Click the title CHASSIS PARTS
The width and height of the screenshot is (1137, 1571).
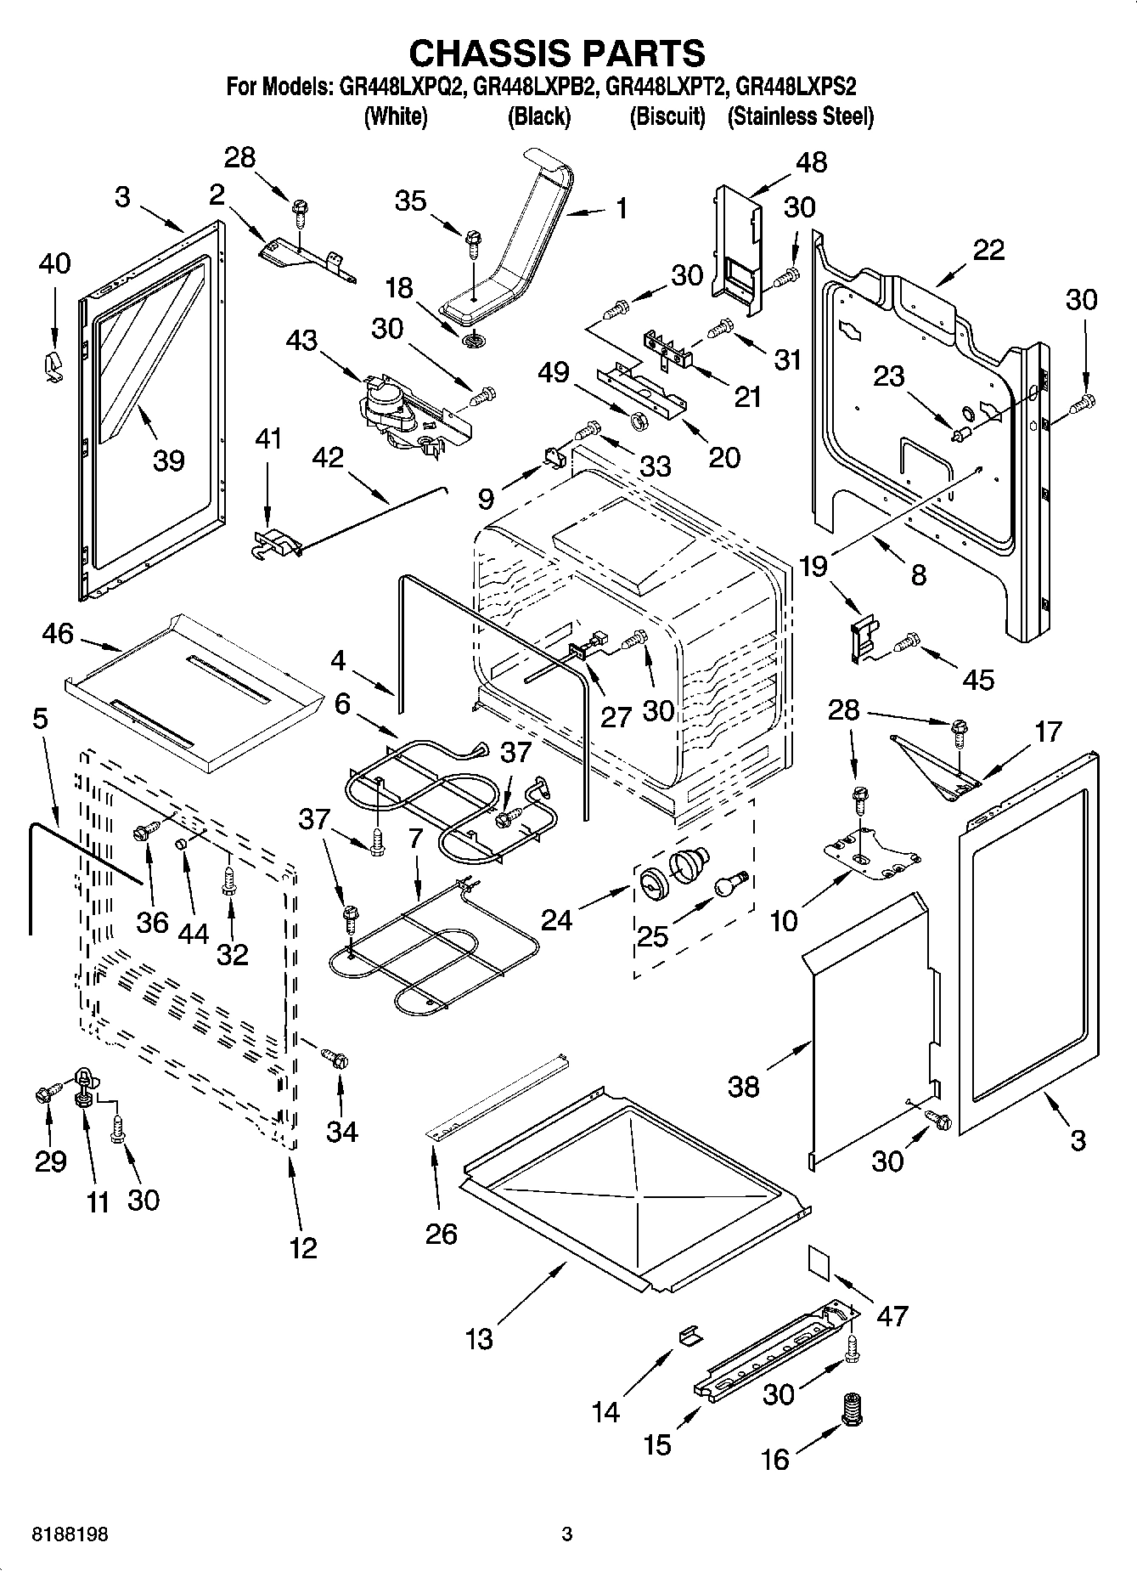(x=557, y=53)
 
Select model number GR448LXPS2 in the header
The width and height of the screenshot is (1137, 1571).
(x=796, y=87)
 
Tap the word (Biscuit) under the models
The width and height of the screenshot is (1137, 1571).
(x=667, y=116)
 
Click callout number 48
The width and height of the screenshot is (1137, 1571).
(x=812, y=162)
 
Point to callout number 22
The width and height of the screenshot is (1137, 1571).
(x=988, y=249)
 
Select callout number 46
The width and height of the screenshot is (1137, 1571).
(x=58, y=634)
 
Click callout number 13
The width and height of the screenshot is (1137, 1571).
(x=479, y=1339)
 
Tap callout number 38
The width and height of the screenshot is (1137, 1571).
(x=744, y=1086)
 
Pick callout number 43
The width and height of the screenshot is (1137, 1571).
(x=301, y=341)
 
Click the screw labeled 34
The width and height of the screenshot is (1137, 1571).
(x=335, y=1058)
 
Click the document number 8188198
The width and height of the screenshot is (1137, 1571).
(x=59, y=1534)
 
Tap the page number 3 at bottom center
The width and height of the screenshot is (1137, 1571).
(x=566, y=1534)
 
